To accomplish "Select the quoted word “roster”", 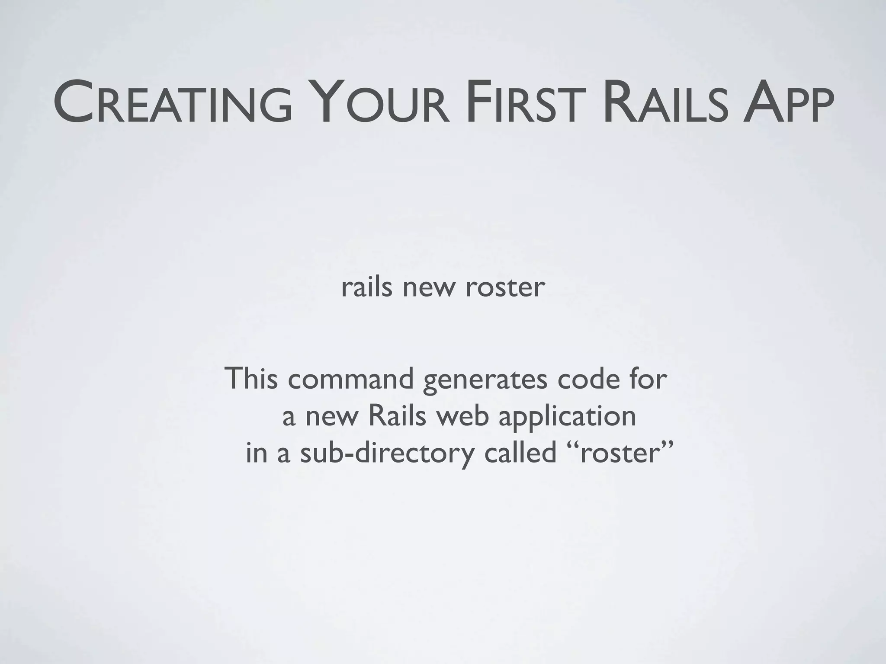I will point(619,453).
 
